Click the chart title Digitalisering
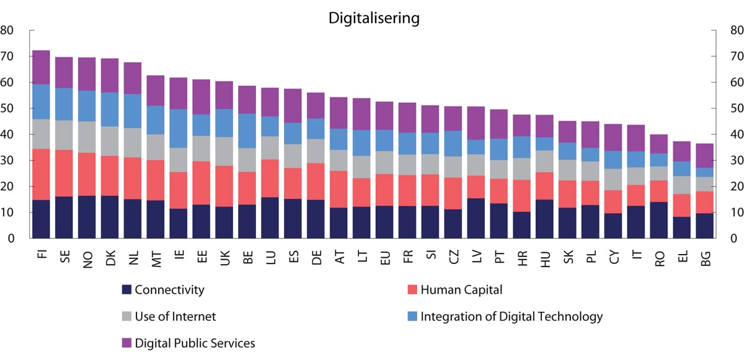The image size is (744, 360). click(x=374, y=18)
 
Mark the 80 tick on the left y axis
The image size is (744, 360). click(x=8, y=30)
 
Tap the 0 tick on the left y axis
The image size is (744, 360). click(x=11, y=239)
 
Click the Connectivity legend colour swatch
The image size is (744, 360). click(x=127, y=289)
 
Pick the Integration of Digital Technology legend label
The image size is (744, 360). click(x=511, y=317)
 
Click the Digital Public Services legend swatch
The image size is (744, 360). click(x=127, y=343)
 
